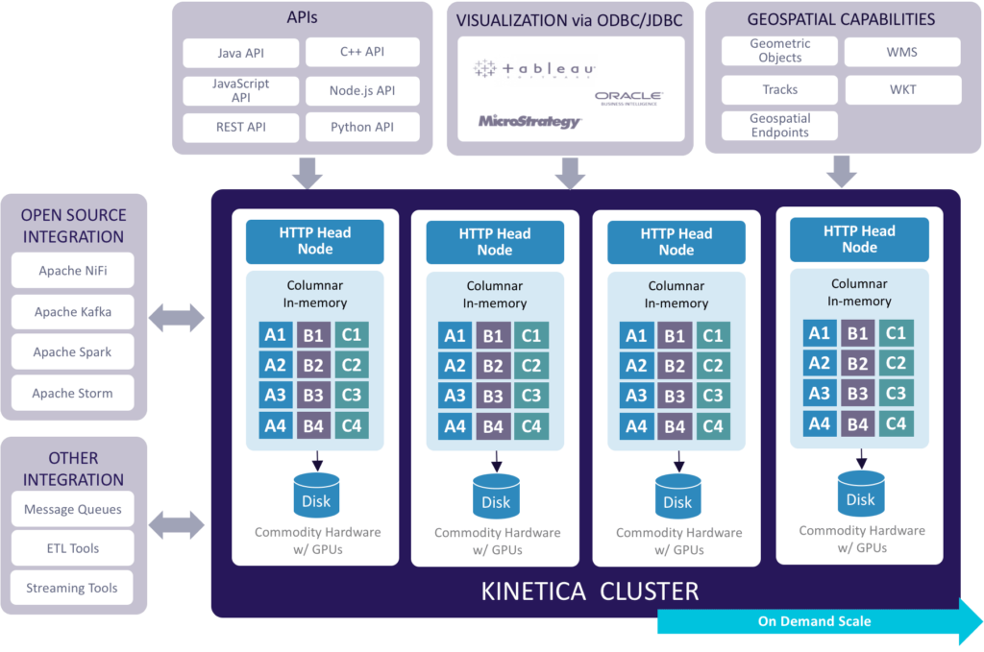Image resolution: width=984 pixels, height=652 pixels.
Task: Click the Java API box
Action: coord(241,54)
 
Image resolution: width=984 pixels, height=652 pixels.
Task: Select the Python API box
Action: coord(362,127)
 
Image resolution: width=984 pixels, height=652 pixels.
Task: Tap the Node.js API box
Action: coord(362,91)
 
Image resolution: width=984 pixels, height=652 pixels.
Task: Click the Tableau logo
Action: coord(534,70)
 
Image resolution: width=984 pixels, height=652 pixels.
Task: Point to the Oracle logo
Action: coord(628,98)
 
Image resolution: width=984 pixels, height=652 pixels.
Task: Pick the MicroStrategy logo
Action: coord(529,122)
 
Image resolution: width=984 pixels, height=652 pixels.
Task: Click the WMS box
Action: coord(902,52)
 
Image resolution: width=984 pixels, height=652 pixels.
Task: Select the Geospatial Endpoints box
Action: coord(779,126)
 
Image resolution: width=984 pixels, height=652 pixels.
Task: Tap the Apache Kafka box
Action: coord(73,311)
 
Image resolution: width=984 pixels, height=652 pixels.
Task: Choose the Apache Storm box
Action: coord(73,393)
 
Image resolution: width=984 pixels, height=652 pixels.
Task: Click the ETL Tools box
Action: coord(73,548)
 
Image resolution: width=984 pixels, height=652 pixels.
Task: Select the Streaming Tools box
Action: coord(73,588)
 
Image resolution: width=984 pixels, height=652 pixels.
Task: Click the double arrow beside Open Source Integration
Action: coord(178,316)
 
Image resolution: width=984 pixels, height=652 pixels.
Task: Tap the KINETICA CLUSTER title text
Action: coord(590,591)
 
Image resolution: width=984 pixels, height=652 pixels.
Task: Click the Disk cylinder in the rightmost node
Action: coord(860,494)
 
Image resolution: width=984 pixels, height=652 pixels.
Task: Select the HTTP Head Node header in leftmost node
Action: coord(315,241)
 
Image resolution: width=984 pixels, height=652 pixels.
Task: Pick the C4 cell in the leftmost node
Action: coord(352,425)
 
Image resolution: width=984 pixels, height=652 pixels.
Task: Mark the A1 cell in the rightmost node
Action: coord(819,333)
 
